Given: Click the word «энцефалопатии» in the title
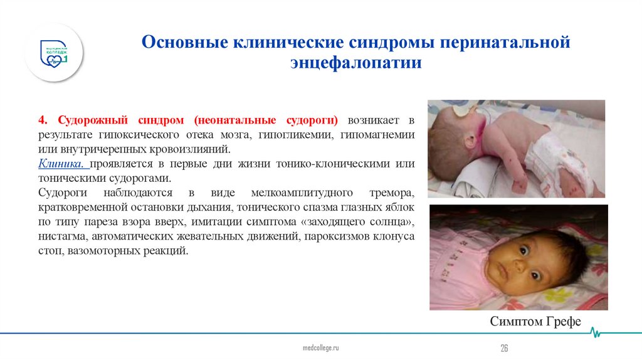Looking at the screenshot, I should pos(355,63).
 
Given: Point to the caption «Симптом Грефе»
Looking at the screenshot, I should pos(535,322).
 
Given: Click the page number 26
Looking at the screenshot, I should pos(503,348).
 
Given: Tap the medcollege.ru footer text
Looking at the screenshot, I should pos(320,347).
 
